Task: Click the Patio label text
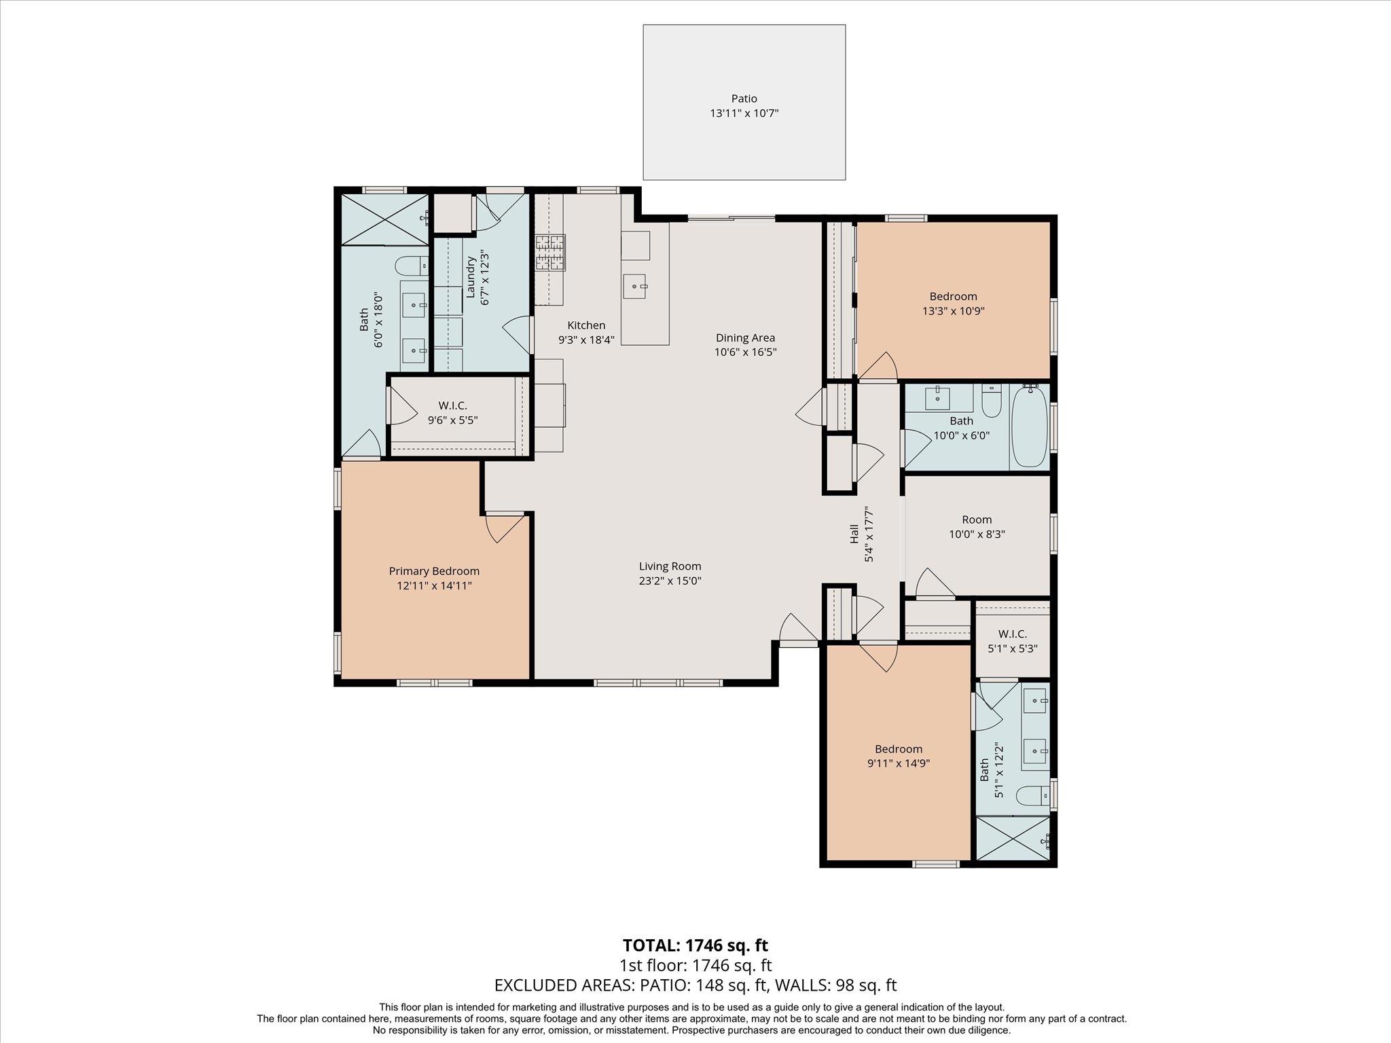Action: (x=744, y=98)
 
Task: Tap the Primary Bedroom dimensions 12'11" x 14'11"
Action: (x=434, y=585)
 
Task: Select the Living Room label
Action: (x=670, y=566)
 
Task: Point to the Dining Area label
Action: (x=745, y=337)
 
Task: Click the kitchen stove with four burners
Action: (x=549, y=253)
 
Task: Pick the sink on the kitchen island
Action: (x=636, y=286)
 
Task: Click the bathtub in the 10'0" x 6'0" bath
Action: (x=1029, y=426)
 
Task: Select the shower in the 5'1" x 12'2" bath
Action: (x=1012, y=839)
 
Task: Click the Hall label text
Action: (x=854, y=534)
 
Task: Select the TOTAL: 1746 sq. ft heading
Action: (x=695, y=945)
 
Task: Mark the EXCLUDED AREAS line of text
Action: (x=695, y=985)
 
